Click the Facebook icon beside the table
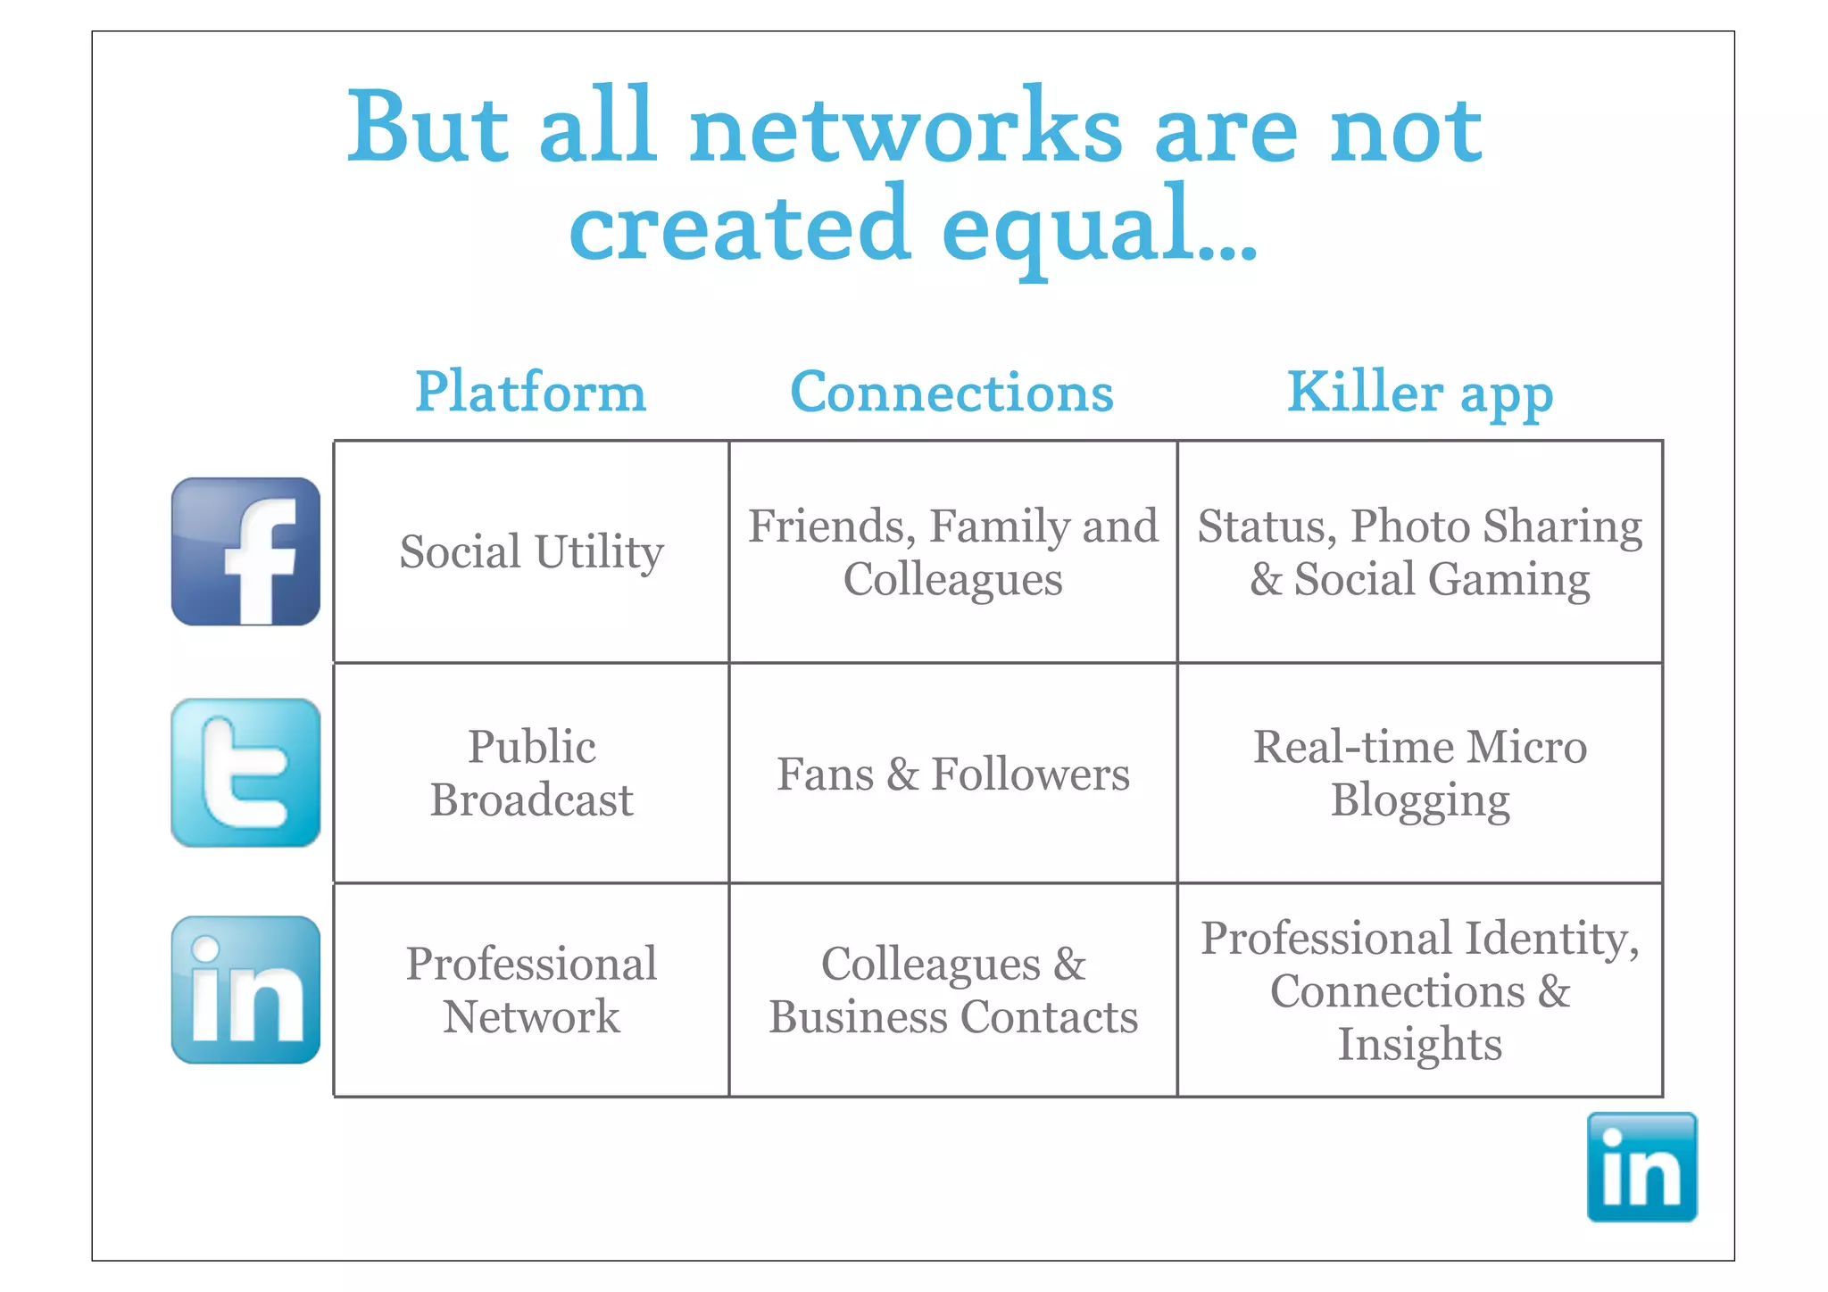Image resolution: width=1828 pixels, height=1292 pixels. click(x=245, y=551)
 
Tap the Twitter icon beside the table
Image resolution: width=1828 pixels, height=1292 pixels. click(x=245, y=773)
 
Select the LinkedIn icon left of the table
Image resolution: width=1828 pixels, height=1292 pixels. click(x=245, y=990)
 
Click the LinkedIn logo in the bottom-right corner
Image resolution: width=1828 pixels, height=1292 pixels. click(x=1641, y=1166)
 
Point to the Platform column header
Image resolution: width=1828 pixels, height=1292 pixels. click(x=530, y=392)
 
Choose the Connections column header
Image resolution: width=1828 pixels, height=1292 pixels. click(x=951, y=392)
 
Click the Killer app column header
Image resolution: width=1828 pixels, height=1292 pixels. click(x=1419, y=393)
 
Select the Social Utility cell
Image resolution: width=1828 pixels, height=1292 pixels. click(x=531, y=551)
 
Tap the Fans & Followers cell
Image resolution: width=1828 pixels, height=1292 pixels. click(x=952, y=774)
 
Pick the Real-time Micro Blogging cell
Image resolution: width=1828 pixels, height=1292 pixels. click(x=1419, y=773)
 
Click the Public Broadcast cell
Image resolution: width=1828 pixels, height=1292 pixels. click(x=531, y=773)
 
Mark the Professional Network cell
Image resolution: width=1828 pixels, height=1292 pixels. click(x=531, y=990)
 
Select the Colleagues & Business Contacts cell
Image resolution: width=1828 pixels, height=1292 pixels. click(x=952, y=990)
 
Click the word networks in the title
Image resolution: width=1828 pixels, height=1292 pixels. click(x=905, y=129)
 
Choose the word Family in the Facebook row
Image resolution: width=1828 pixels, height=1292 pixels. click(x=996, y=526)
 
